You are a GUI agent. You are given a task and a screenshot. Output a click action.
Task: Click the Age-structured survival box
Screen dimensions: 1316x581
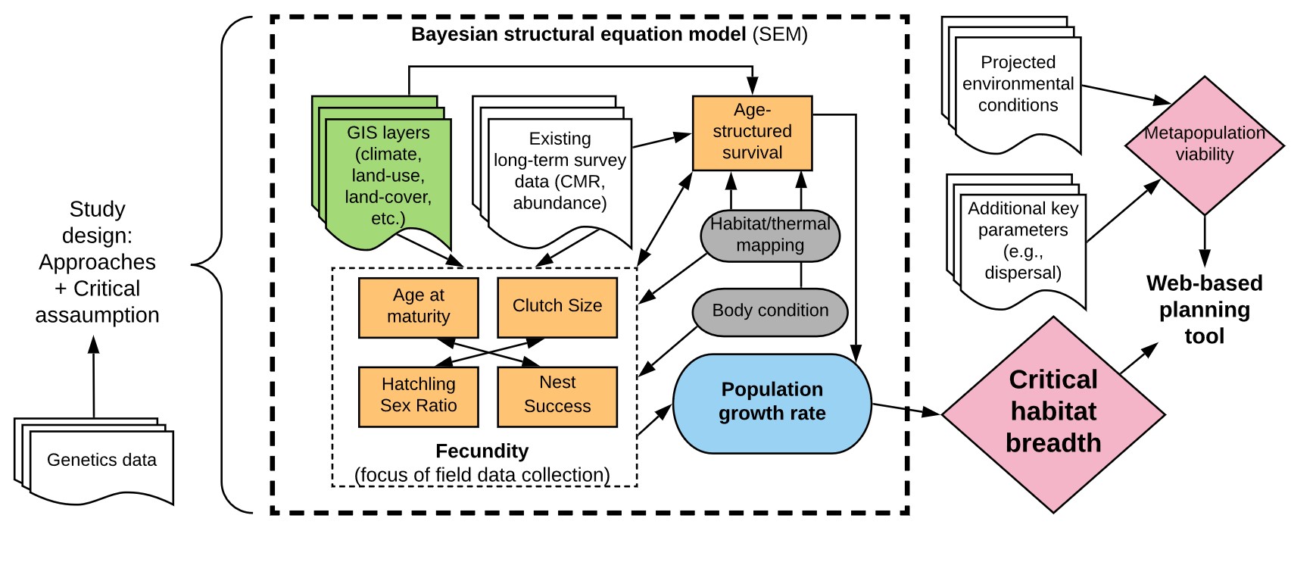(752, 133)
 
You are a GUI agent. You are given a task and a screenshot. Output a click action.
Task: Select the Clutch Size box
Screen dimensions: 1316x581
(557, 307)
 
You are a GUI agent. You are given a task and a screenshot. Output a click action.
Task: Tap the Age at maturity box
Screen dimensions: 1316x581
(419, 307)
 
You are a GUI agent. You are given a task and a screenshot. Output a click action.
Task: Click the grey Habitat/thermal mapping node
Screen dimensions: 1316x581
(770, 236)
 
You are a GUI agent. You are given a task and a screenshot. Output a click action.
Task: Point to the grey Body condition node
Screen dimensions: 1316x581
(770, 311)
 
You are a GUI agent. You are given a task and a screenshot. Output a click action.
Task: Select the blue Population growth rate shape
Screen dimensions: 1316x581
(772, 403)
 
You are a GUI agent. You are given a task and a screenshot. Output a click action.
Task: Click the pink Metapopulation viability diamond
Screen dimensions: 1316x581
(1204, 145)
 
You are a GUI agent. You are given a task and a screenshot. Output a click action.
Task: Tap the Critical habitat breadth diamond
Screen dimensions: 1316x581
(1053, 414)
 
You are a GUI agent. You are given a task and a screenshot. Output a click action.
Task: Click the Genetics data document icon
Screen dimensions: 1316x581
(94, 461)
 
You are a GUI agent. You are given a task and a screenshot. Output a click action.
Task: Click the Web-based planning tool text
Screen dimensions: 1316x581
(1204, 310)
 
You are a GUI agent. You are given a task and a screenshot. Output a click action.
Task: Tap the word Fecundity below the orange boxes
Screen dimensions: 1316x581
(482, 451)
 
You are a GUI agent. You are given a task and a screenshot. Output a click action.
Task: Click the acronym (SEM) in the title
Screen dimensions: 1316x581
(780, 35)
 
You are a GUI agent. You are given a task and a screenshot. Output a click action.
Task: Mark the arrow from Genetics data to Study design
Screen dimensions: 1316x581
(94, 376)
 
